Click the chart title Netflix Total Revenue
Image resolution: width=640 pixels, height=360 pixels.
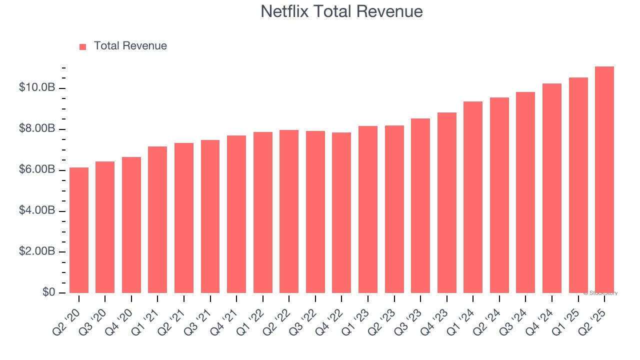point(341,11)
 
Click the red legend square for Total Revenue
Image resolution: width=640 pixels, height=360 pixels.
point(83,46)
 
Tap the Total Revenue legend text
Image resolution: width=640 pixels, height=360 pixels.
point(130,46)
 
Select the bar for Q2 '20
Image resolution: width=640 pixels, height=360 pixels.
point(79,230)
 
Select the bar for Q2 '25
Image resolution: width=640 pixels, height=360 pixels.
point(604,180)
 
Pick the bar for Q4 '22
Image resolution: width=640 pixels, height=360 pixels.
point(341,212)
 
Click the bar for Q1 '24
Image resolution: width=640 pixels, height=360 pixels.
point(473,197)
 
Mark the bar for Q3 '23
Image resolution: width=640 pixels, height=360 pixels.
point(420,205)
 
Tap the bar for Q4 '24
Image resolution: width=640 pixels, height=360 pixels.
point(551,188)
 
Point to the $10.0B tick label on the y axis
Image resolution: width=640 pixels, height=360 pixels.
point(37,88)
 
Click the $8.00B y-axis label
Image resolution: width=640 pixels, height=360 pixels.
point(37,129)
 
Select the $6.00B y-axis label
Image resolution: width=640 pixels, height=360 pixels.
point(37,170)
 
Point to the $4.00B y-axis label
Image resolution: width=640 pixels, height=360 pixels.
point(37,210)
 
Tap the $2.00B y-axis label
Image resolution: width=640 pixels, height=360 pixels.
point(37,251)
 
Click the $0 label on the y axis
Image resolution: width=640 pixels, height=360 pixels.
point(48,292)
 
